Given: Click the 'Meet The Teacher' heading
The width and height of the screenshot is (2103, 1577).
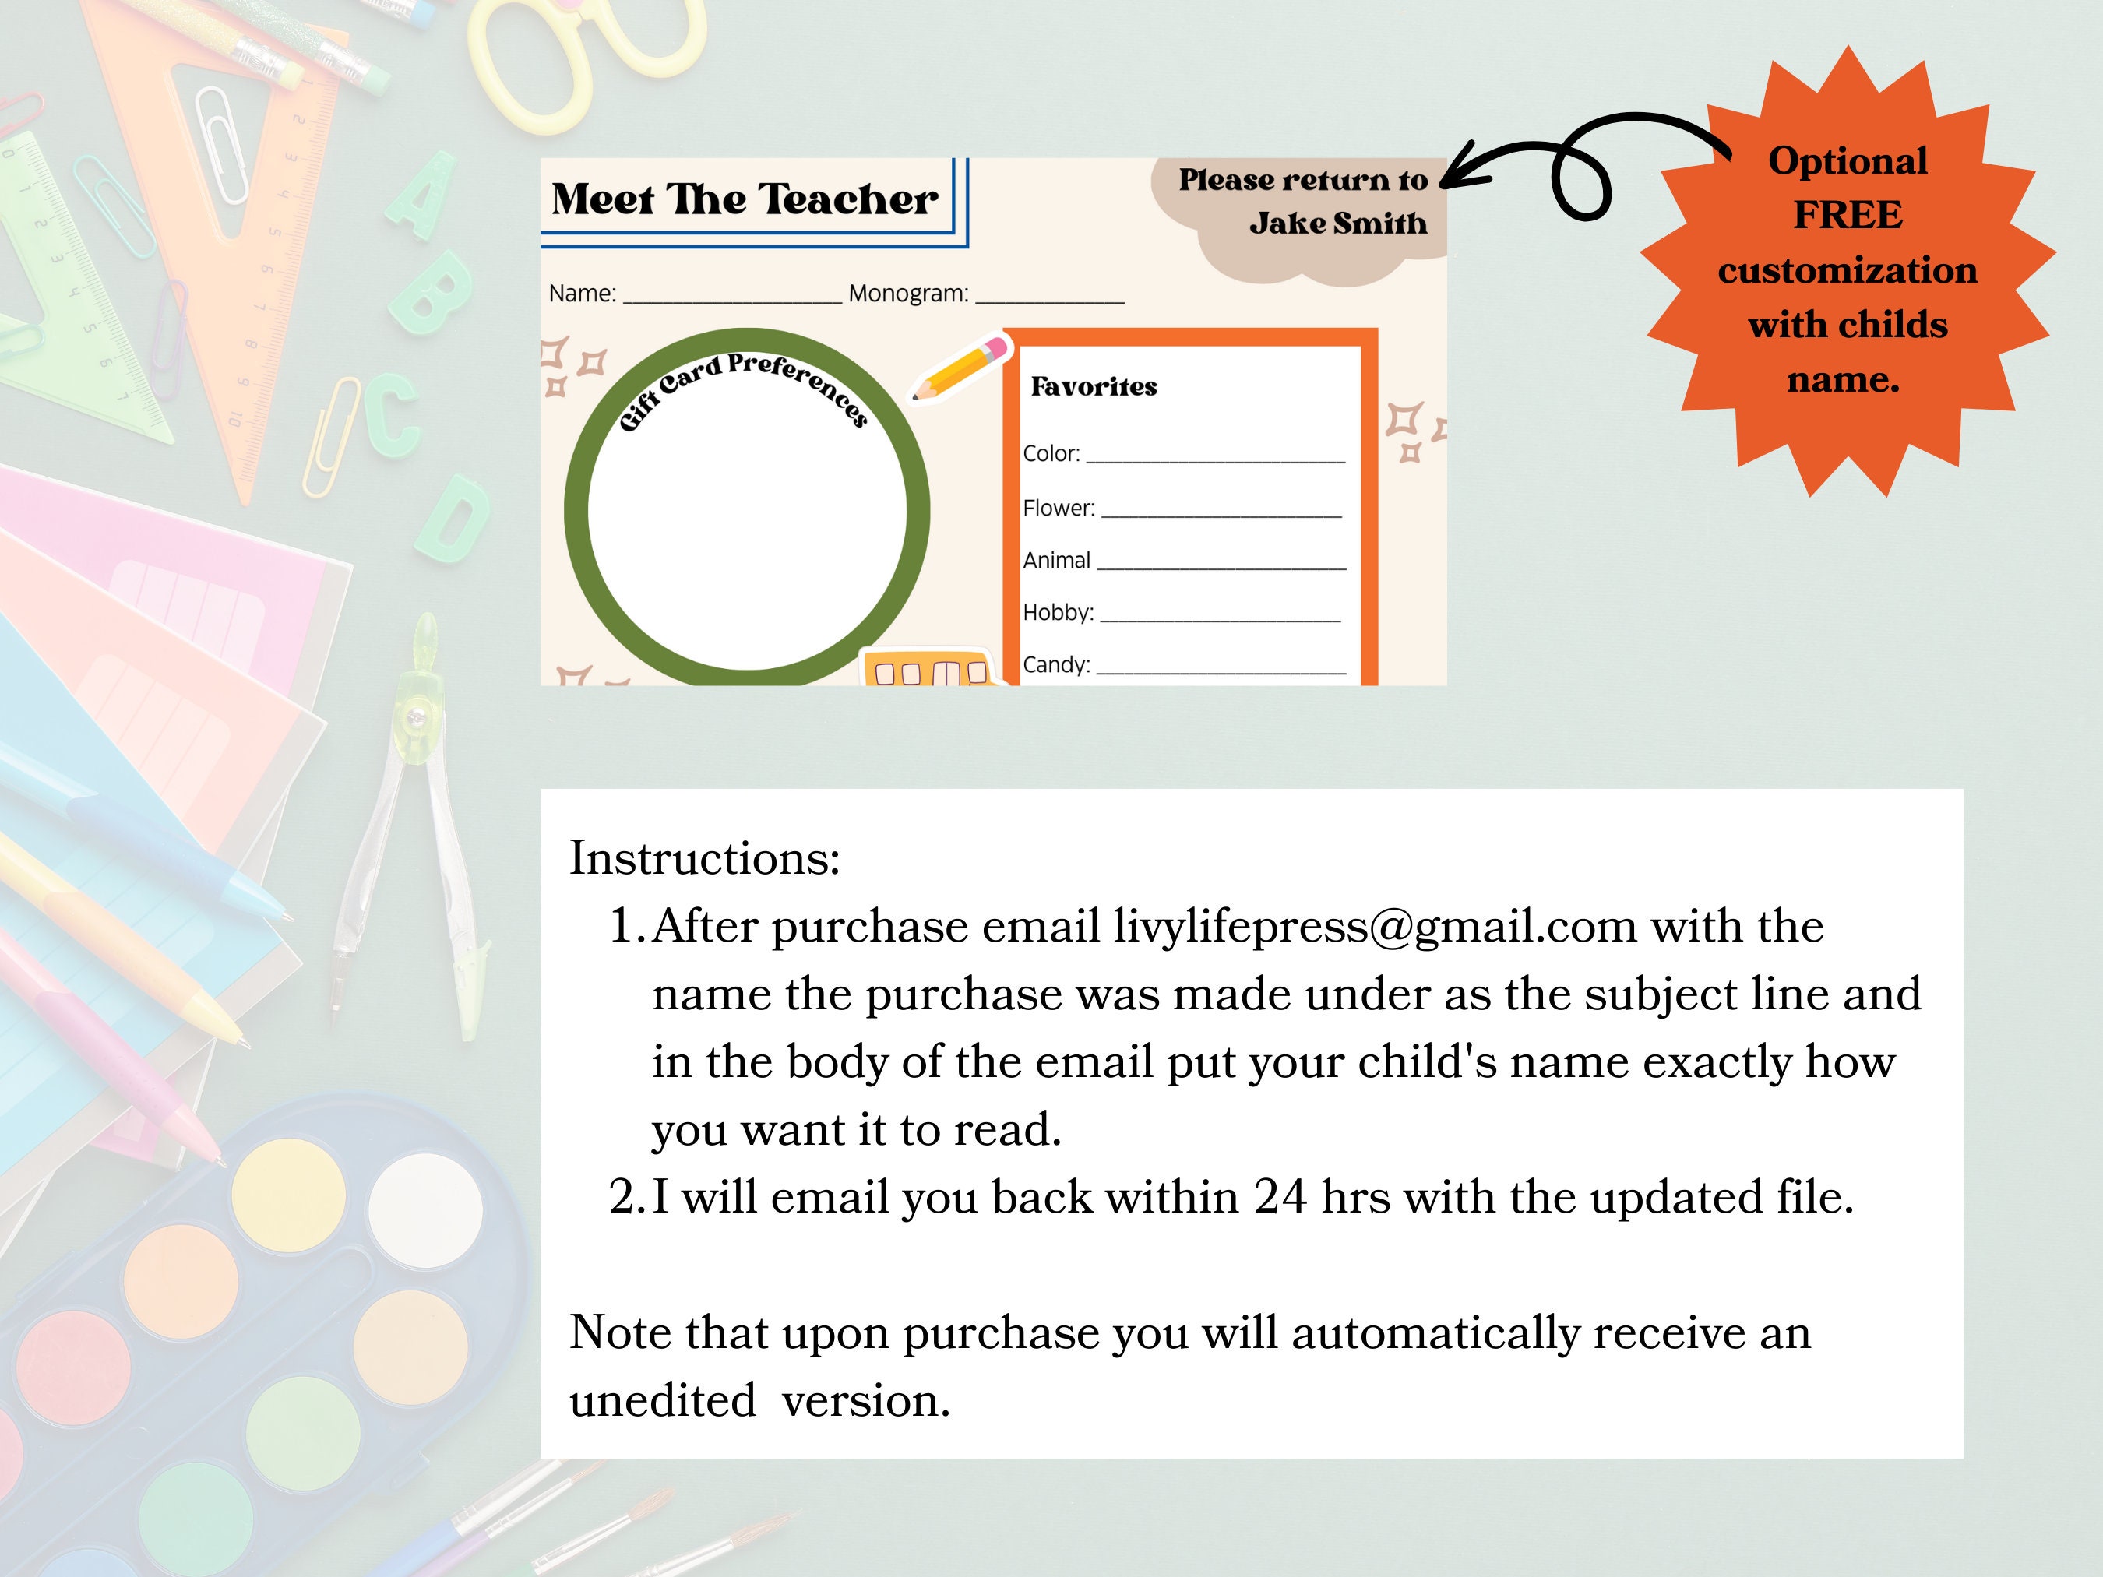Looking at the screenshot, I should [x=745, y=199].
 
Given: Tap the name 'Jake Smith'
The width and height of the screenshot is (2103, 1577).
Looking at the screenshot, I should [x=1337, y=224].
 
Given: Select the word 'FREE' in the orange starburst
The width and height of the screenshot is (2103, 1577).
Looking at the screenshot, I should [x=1848, y=215].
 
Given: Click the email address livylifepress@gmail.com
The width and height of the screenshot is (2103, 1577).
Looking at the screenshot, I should [x=1375, y=926].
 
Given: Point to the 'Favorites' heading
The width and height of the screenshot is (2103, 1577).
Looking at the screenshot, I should [x=1094, y=387].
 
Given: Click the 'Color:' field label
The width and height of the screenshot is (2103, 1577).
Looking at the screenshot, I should [x=1051, y=453].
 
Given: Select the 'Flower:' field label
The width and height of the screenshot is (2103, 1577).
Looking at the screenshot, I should [x=1059, y=508].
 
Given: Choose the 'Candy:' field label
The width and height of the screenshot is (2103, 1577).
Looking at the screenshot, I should [x=1055, y=664].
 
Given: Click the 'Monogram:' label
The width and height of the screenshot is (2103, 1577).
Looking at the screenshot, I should [x=908, y=294].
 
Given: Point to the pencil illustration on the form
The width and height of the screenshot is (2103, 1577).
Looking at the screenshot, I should [x=960, y=367].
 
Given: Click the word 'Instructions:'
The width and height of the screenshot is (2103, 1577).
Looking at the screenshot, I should [x=704, y=858].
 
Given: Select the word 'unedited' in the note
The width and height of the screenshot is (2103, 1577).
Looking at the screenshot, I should [x=663, y=1400].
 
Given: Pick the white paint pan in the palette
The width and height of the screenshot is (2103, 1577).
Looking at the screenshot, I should [x=425, y=1210].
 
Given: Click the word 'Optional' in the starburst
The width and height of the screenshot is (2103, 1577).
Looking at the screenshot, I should [x=1848, y=160].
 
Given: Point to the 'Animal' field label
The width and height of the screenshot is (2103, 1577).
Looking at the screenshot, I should [x=1055, y=560].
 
